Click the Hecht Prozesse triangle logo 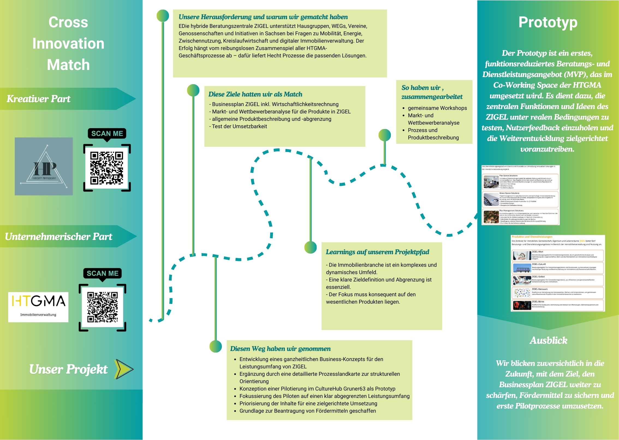tap(44, 166)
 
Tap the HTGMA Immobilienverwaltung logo tap(38, 307)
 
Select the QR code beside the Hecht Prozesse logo tap(107, 168)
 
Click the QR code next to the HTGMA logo tap(102, 307)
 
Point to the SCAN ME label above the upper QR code tap(107, 134)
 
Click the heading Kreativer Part tap(38, 99)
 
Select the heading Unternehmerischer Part tap(58, 237)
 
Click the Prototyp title tap(548, 22)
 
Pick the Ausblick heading tap(548, 341)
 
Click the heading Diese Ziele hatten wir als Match tap(255, 94)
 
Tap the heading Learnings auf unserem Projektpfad tap(377, 252)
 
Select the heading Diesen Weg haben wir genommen tap(280, 349)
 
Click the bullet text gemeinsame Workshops tap(437, 108)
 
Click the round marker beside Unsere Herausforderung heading tap(163, 16)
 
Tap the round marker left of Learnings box tap(311, 247)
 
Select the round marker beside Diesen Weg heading tap(216, 346)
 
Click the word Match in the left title tap(68, 65)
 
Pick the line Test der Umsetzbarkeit tap(239, 126)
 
